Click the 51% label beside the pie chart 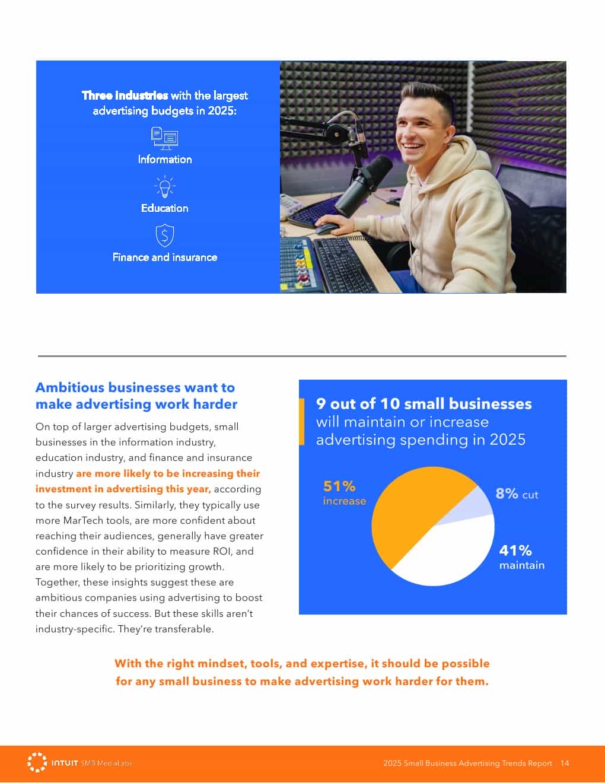point(339,486)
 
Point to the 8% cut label point(517,494)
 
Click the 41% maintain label point(521,557)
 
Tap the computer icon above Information point(164,138)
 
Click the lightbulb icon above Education point(164,186)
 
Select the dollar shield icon point(164,235)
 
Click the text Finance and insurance point(164,257)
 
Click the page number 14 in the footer point(565,763)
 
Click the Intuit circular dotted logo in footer point(37,762)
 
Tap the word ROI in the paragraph point(221,551)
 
